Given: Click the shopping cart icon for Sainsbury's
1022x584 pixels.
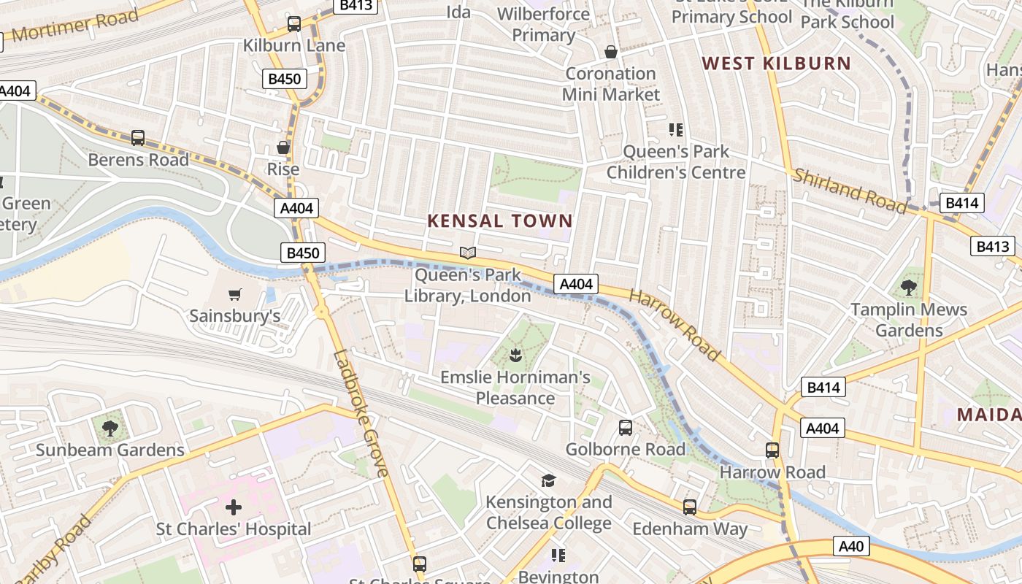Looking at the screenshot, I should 234,295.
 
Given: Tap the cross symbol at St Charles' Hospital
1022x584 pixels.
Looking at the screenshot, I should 234,507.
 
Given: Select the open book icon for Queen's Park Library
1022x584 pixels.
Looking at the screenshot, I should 468,253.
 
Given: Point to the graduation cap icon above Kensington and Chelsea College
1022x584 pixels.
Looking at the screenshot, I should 548,480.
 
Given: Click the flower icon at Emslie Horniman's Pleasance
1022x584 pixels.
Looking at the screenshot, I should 515,356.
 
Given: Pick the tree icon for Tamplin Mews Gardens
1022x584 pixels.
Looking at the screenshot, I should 909,288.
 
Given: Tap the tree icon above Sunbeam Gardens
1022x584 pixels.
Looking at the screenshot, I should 110,428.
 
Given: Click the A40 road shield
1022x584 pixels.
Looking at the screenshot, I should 851,546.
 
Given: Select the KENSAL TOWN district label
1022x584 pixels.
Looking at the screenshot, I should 500,220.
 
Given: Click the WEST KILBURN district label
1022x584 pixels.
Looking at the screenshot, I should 777,64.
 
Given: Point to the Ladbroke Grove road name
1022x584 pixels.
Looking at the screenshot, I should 361,413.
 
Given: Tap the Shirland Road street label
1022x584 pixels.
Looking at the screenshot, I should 850,191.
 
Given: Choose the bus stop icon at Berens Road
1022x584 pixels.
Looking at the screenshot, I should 138,137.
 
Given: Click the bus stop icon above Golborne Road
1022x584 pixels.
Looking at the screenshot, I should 626,428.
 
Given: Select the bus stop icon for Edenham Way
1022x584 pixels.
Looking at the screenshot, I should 690,507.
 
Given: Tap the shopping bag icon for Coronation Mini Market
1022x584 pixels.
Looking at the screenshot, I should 611,52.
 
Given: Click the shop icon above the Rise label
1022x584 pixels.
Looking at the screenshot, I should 283,147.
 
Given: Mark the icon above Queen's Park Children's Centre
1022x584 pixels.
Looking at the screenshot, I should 676,130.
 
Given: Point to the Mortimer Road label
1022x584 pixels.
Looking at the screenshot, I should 75,26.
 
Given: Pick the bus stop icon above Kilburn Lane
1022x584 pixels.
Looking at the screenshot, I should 294,24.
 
